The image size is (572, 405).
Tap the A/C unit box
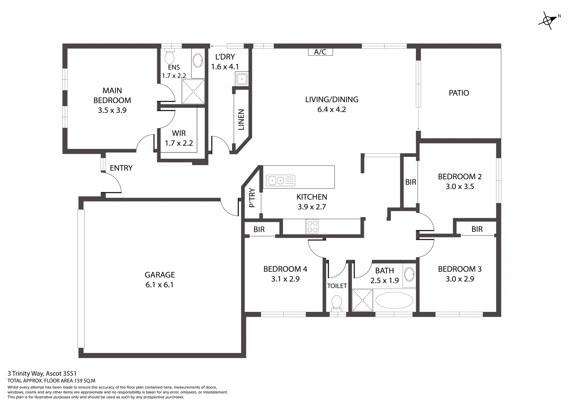click(320, 52)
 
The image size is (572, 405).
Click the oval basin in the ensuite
click(198, 61)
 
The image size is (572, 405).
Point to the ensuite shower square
click(193, 91)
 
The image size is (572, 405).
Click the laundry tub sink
click(242, 79)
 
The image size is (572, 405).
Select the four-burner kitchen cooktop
click(312, 226)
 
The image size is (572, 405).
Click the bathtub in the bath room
click(394, 300)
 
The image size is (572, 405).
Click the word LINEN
click(241, 120)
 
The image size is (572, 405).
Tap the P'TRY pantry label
click(252, 198)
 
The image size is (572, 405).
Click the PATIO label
click(459, 93)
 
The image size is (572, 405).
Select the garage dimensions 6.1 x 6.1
click(159, 285)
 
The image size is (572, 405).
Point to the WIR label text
click(179, 133)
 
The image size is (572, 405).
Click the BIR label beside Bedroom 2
click(411, 182)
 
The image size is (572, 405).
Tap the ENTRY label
click(121, 168)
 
